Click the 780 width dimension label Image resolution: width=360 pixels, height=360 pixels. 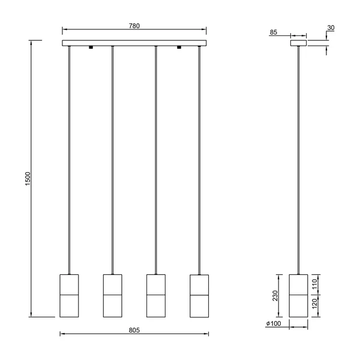134,26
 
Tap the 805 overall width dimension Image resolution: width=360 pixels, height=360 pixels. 134,330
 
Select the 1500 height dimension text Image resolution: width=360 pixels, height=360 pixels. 28,179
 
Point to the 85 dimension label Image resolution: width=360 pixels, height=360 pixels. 273,32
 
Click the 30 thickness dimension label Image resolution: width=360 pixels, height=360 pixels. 331,28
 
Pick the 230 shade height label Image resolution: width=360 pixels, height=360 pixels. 275,296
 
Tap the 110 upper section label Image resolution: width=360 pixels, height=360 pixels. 314,284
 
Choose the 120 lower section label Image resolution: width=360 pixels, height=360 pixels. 314,304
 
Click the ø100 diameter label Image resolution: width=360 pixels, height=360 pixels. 274,323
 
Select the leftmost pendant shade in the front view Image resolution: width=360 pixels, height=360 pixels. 69,296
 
